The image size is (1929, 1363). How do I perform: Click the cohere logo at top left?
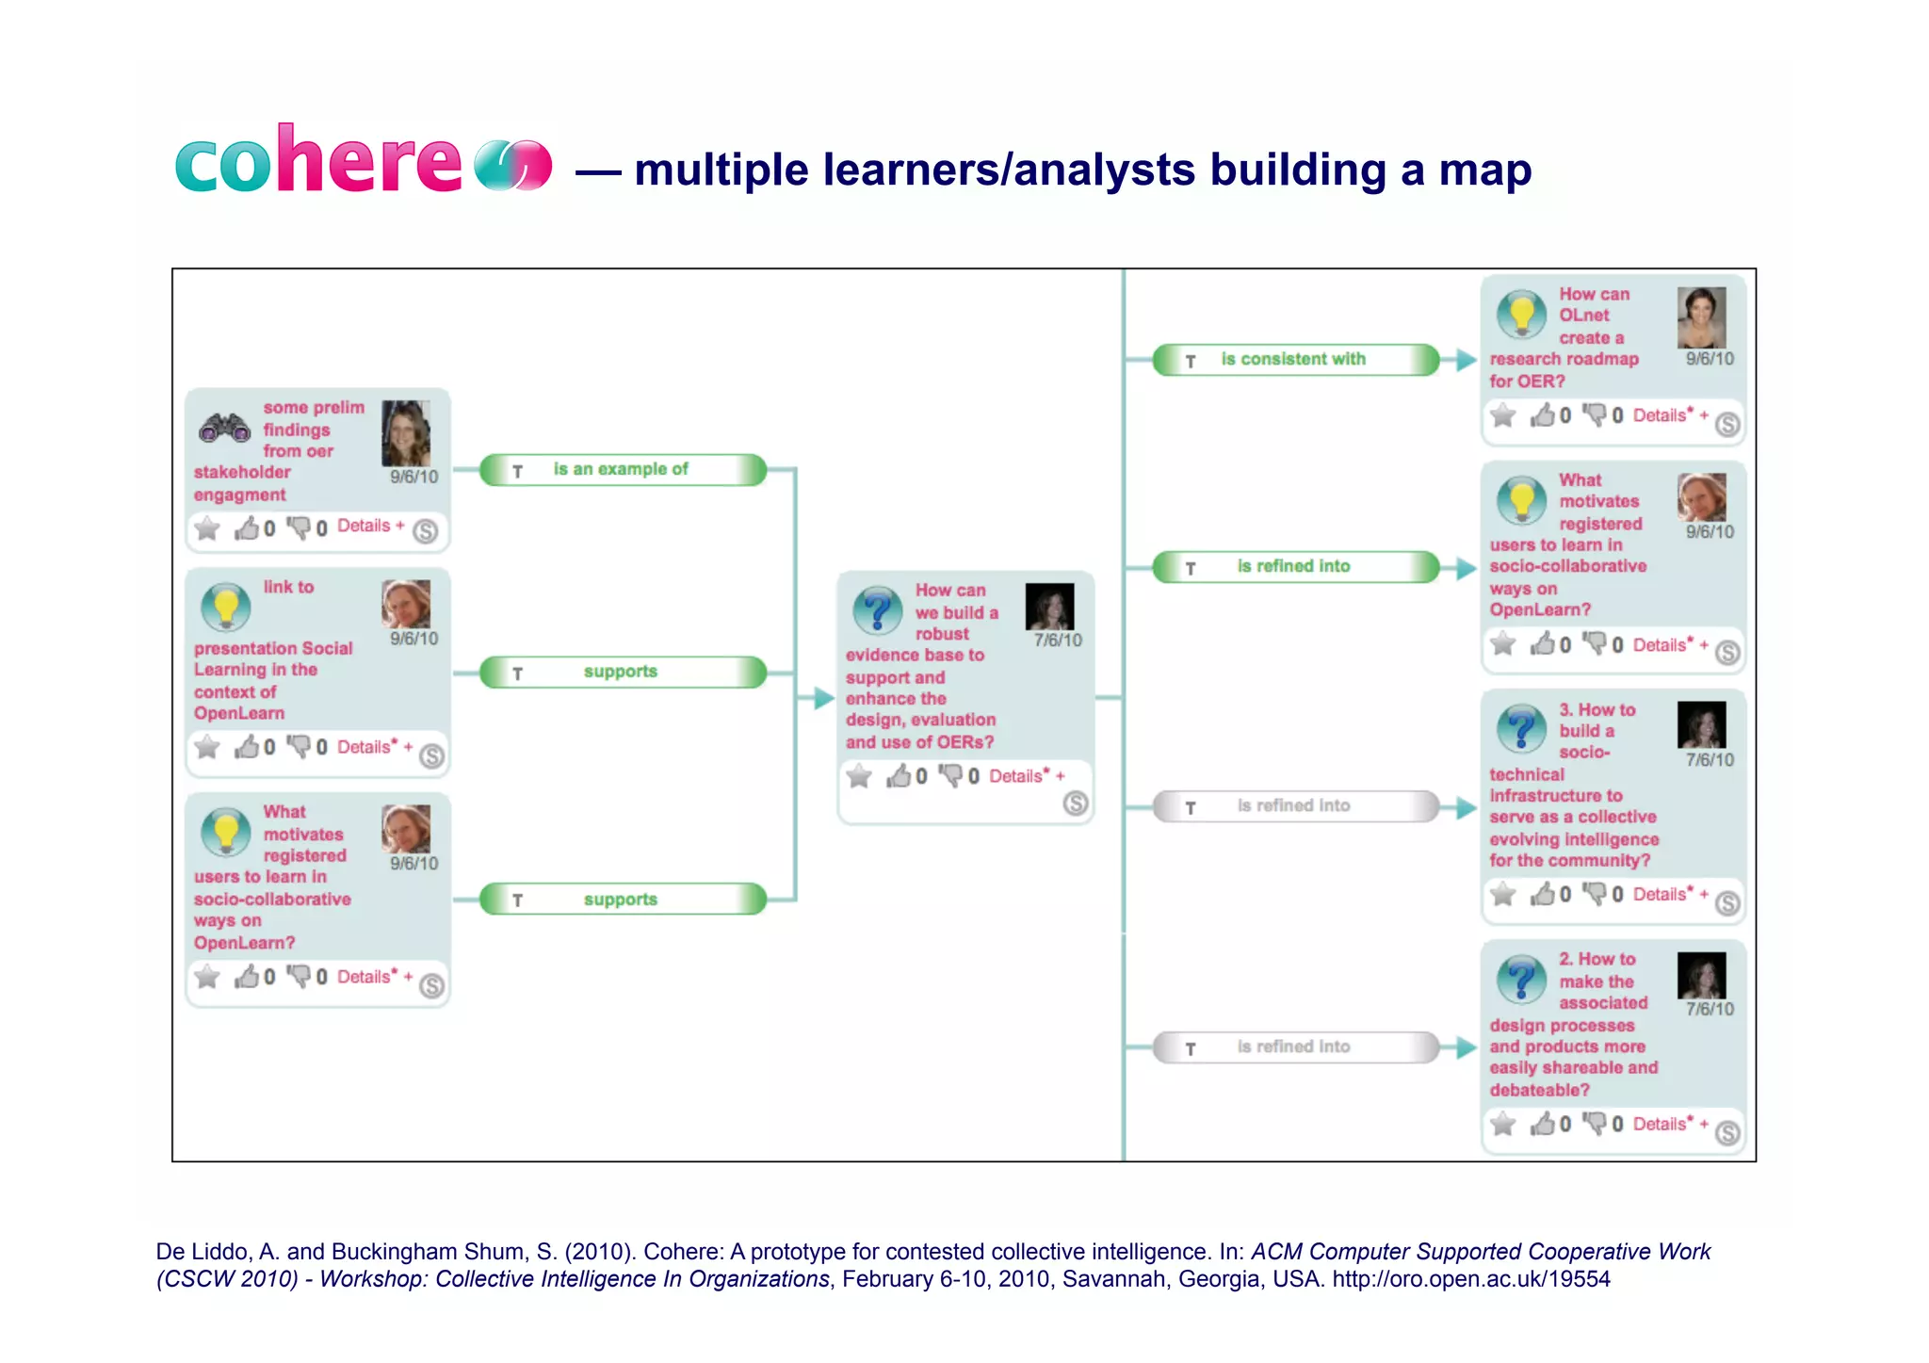(363, 161)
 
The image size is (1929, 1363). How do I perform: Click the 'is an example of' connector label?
(621, 469)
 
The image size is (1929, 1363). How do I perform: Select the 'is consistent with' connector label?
(1293, 359)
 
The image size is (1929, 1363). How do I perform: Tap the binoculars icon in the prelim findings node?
(224, 429)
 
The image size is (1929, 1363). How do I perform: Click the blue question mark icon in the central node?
(877, 610)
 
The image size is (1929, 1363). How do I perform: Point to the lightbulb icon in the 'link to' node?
(226, 608)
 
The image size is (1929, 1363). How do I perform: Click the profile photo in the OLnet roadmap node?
(1701, 318)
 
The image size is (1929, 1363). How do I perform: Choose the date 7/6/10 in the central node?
(1057, 641)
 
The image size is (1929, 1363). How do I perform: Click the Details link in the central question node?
(1017, 776)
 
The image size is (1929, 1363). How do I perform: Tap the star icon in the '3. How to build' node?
(1503, 894)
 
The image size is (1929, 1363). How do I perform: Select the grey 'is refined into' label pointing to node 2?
(1293, 1047)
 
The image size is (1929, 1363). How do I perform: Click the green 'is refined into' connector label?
(1293, 566)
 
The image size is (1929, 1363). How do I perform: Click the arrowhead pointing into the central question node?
(824, 698)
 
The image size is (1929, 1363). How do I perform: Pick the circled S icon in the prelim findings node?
(426, 531)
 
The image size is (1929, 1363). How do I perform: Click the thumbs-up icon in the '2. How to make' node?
(1543, 1123)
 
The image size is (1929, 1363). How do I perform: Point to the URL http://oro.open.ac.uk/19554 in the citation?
(1470, 1279)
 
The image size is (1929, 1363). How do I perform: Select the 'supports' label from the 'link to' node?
(620, 672)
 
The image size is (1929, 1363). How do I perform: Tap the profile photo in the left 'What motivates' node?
(406, 829)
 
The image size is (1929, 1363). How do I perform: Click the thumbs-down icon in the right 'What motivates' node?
(1595, 643)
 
